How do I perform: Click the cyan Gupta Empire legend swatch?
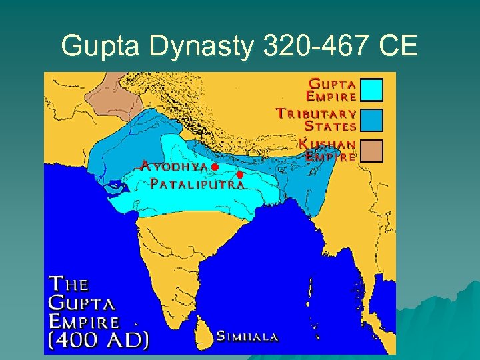[371, 89]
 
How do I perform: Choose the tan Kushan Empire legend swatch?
[371, 151]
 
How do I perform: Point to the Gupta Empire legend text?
[331, 89]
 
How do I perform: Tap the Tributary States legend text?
[317, 119]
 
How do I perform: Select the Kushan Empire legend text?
[328, 151]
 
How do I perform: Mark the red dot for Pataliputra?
[239, 175]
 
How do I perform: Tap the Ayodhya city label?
[175, 166]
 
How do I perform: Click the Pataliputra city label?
[197, 184]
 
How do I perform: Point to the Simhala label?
[247, 337]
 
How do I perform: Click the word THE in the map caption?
[68, 284]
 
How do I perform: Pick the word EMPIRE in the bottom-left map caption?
[84, 321]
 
